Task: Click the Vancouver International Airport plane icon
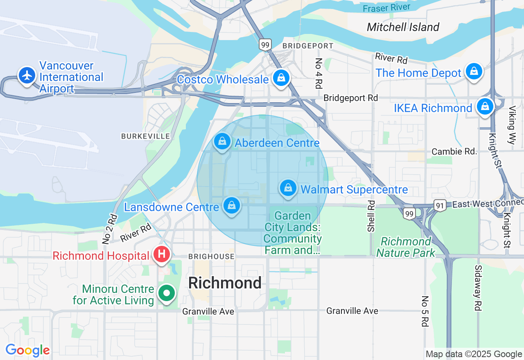[27, 75]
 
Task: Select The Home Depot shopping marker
[474, 72]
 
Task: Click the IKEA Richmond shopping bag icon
[485, 106]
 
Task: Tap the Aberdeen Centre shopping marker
[222, 142]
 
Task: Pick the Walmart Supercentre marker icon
[288, 188]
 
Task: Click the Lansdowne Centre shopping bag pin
[232, 205]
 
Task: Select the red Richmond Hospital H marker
[162, 254]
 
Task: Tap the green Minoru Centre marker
[167, 293]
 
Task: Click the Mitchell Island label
[403, 27]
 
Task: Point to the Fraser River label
[386, 8]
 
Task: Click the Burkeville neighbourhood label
[145, 136]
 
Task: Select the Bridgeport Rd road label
[350, 98]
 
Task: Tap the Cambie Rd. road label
[454, 151]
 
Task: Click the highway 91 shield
[440, 206]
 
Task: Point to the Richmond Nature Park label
[406, 247]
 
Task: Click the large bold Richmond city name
[225, 283]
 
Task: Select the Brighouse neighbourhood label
[211, 256]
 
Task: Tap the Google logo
[27, 350]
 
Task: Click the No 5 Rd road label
[425, 311]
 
